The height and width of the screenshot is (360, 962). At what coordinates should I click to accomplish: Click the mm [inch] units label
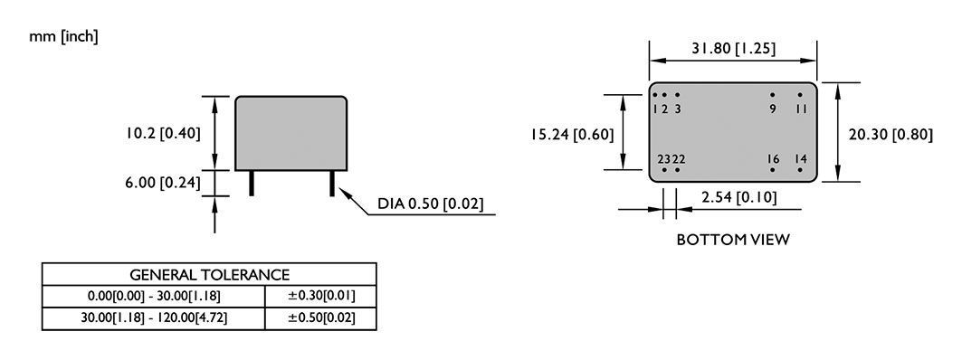pos(63,37)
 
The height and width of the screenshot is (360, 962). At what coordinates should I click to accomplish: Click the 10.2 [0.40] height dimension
pos(163,133)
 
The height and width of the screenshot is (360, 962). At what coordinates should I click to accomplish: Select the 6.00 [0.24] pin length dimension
pos(163,183)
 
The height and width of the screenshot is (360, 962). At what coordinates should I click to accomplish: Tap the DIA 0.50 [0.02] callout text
pos(430,204)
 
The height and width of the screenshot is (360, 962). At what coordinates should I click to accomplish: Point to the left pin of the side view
pos(252,184)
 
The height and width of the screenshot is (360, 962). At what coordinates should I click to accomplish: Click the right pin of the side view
pos(332,184)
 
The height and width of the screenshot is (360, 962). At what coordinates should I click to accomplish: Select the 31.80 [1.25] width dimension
pos(733,49)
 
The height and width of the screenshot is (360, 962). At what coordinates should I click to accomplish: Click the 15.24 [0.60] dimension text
pos(572,134)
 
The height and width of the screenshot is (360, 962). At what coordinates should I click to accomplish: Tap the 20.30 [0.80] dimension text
pos(891,134)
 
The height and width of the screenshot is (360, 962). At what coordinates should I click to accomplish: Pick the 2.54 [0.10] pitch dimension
pos(738,197)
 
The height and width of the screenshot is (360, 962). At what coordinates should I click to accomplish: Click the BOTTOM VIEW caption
pos(733,240)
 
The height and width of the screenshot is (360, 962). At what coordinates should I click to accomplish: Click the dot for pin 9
pos(773,95)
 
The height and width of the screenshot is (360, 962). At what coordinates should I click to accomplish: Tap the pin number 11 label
pos(801,109)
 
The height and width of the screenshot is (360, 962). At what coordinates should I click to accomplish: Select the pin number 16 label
pos(773,159)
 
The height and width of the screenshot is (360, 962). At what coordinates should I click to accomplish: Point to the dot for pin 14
pos(800,169)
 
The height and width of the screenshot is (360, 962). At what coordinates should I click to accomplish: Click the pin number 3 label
pos(677,109)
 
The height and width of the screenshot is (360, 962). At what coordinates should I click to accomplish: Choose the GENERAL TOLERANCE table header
pos(209,274)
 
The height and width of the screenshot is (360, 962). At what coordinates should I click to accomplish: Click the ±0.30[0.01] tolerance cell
pos(321,296)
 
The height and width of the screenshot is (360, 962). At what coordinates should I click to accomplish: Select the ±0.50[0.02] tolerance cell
pos(321,318)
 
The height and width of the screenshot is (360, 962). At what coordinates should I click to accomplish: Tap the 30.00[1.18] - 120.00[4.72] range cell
pos(154,318)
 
